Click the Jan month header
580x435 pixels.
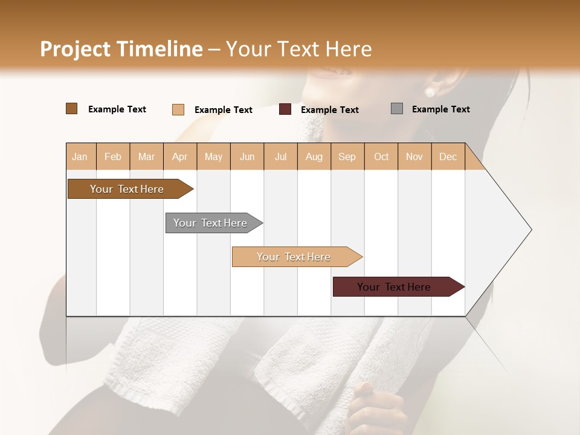click(x=80, y=156)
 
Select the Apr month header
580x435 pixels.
click(x=179, y=156)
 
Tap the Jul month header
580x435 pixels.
click(x=280, y=156)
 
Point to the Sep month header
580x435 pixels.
click(x=347, y=156)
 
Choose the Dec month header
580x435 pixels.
click(x=448, y=156)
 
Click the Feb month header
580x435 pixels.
click(x=113, y=156)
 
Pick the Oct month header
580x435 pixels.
click(x=381, y=156)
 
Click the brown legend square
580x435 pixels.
click(x=71, y=109)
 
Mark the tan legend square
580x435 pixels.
click(x=178, y=109)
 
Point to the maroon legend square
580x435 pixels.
click(x=285, y=109)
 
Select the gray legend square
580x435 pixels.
click(x=397, y=109)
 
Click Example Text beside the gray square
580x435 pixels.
click(x=440, y=109)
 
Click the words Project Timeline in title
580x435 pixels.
click(x=121, y=49)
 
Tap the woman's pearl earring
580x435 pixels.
click(x=430, y=92)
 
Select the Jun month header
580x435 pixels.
click(x=247, y=156)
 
